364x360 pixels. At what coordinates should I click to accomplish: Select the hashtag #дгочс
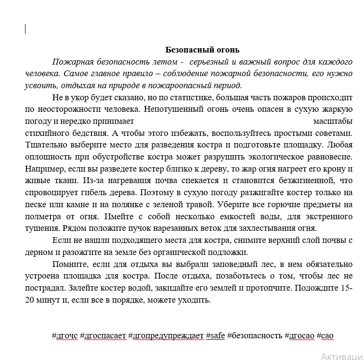[65, 335]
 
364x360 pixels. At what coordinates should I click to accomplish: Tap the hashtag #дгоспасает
[103, 335]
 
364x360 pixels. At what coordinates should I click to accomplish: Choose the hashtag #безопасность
[255, 335]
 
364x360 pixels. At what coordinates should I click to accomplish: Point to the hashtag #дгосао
[299, 335]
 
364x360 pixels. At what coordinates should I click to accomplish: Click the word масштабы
[333, 121]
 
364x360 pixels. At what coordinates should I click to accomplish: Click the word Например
[42, 169]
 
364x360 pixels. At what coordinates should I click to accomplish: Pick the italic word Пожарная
[71, 62]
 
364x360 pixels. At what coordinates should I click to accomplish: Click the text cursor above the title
[25, 29]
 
